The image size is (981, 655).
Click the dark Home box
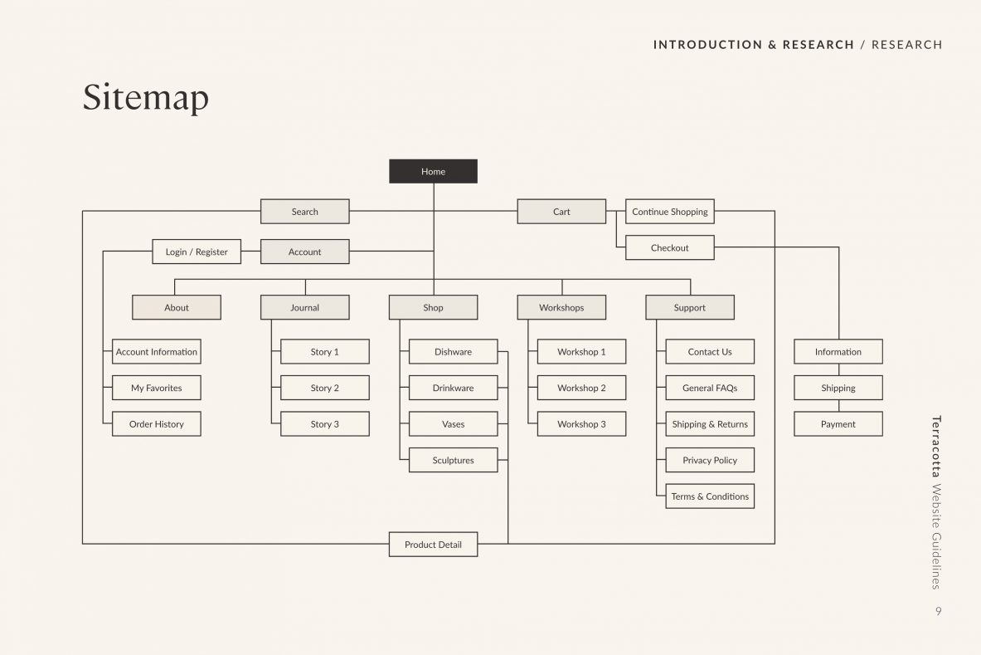(x=433, y=171)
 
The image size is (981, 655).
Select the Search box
(x=304, y=212)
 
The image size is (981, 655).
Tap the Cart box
(x=561, y=212)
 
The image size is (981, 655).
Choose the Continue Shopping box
(x=669, y=212)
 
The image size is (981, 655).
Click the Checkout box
(x=669, y=247)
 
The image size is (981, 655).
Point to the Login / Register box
(x=197, y=252)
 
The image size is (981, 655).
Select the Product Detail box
(x=433, y=544)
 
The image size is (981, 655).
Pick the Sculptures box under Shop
(x=453, y=460)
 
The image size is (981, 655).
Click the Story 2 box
(x=325, y=388)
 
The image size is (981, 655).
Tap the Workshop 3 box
(x=581, y=424)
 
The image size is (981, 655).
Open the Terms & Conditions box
(x=710, y=496)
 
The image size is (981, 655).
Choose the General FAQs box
(x=710, y=388)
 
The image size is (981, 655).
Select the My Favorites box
(x=157, y=388)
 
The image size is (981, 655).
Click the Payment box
(x=838, y=424)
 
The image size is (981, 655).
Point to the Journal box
(x=304, y=307)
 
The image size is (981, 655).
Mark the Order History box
(x=157, y=424)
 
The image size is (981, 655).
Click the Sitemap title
(x=146, y=98)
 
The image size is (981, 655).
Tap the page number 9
(x=939, y=611)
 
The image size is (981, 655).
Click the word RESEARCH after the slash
(x=906, y=45)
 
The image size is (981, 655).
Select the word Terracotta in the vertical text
(x=936, y=447)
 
